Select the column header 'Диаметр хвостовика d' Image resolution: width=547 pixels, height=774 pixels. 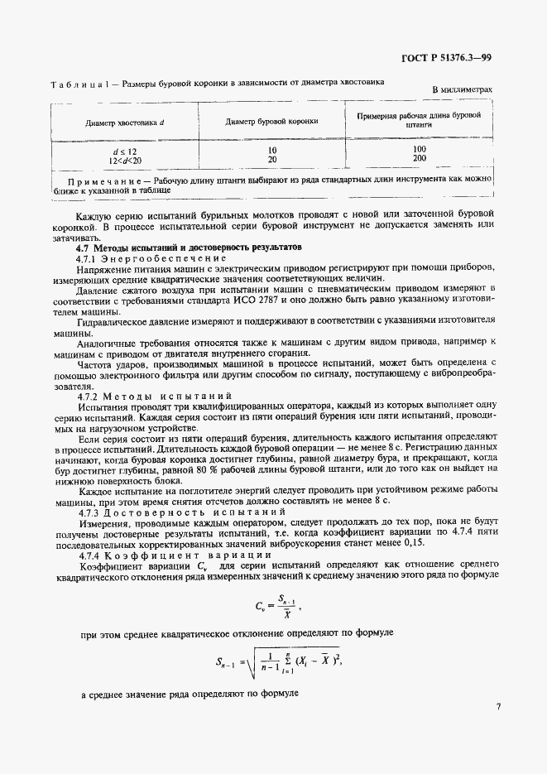(x=124, y=123)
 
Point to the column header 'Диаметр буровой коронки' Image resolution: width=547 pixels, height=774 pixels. (x=271, y=122)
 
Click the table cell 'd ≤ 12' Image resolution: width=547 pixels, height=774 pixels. (x=124, y=149)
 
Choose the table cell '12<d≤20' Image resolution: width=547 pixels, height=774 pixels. (x=124, y=158)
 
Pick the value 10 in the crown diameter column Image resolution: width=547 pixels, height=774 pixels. (x=271, y=149)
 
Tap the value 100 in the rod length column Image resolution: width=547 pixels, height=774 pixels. (x=419, y=149)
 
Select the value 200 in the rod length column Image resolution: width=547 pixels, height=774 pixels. (x=419, y=158)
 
